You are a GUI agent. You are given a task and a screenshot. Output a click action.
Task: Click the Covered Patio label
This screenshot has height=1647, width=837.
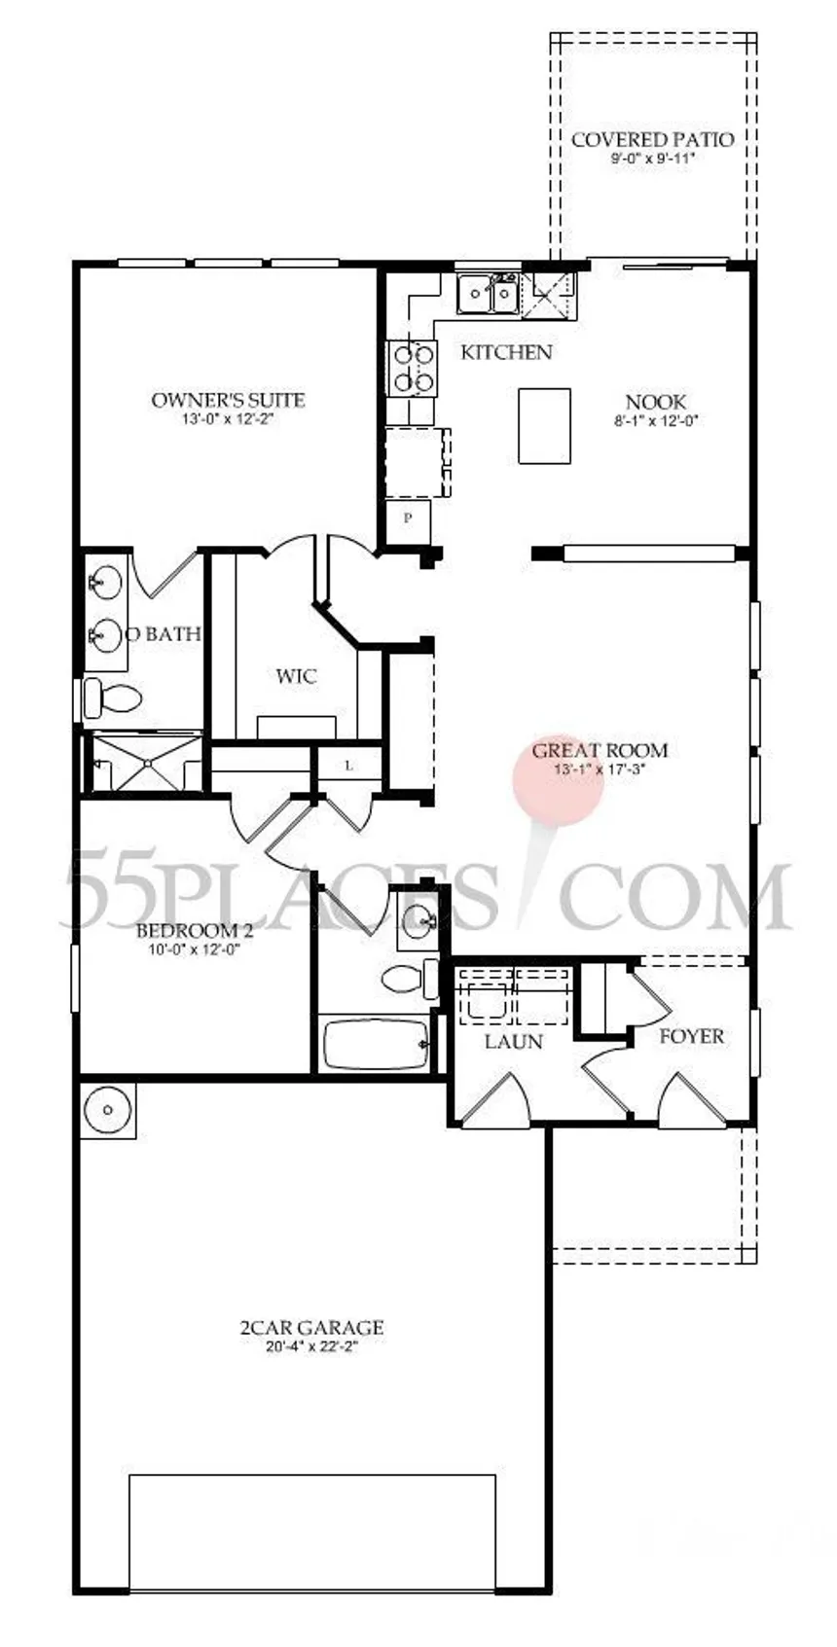click(x=652, y=139)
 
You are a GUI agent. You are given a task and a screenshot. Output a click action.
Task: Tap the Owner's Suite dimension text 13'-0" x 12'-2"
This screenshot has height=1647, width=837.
click(x=228, y=420)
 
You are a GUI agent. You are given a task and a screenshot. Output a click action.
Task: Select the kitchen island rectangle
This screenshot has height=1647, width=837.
click(x=544, y=426)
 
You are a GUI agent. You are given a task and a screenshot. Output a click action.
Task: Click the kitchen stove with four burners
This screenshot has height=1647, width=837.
click(x=411, y=368)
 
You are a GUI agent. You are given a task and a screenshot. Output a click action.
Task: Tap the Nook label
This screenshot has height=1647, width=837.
click(x=655, y=402)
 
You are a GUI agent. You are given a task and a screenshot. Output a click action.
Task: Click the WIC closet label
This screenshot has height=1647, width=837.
click(x=297, y=676)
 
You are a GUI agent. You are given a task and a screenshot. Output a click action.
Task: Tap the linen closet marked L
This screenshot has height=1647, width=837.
click(x=349, y=766)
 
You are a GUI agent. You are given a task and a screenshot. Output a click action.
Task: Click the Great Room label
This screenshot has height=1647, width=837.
click(x=600, y=751)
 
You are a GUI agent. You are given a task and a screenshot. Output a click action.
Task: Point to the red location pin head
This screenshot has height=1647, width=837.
click(x=558, y=780)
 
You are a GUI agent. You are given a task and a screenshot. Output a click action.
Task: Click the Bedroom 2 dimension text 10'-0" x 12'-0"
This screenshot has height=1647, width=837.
click(x=195, y=949)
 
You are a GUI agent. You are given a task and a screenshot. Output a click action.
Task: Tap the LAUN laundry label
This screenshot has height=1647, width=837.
click(x=513, y=1041)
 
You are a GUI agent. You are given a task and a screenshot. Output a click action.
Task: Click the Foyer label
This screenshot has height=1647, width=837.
click(x=691, y=1037)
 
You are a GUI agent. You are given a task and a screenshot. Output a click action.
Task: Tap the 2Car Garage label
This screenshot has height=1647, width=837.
click(x=311, y=1327)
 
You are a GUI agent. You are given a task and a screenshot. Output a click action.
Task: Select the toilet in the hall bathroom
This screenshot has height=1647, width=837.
click(x=408, y=978)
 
